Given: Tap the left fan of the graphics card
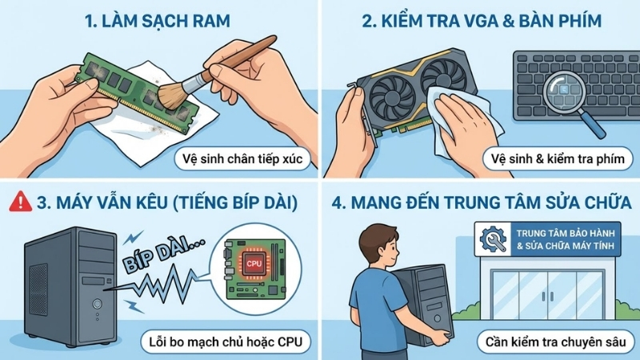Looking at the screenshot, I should coord(392,86).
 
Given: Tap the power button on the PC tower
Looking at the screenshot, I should coord(97,304).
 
